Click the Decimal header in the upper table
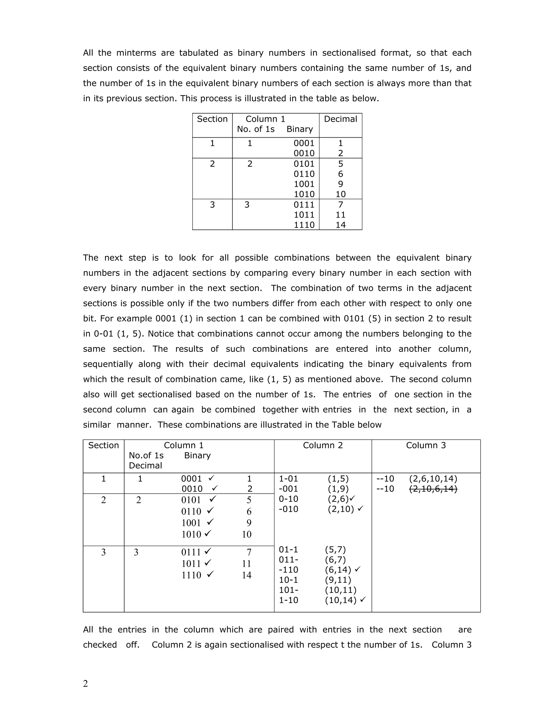(340, 119)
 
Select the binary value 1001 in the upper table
(304, 184)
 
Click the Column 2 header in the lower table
(323, 445)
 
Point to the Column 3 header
(426, 445)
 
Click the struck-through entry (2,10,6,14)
(433, 489)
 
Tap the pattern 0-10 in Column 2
(288, 499)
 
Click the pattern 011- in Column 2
(288, 560)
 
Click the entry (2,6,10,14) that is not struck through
(433, 479)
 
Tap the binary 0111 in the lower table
(191, 552)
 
